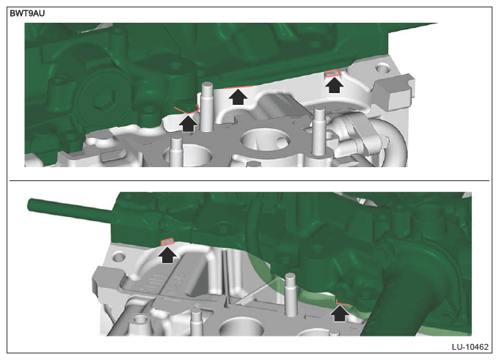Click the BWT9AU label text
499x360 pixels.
click(27, 13)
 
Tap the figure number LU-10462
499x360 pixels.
click(470, 347)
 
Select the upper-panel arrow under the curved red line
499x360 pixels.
click(188, 124)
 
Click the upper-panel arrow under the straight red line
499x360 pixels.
click(238, 97)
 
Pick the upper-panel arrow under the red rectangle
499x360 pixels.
click(334, 85)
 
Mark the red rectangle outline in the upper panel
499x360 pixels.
click(333, 73)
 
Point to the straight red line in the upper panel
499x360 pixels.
click(238, 87)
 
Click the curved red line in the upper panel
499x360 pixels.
click(187, 111)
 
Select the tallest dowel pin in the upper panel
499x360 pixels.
click(207, 107)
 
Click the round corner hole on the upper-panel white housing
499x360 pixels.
click(382, 67)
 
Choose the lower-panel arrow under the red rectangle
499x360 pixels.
click(167, 255)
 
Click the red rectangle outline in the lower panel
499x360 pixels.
click(167, 242)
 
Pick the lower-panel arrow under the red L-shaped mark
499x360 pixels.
click(339, 313)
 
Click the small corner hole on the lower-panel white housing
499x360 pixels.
click(118, 257)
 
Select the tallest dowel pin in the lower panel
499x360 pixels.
click(291, 295)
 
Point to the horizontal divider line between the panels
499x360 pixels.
click(249, 180)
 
